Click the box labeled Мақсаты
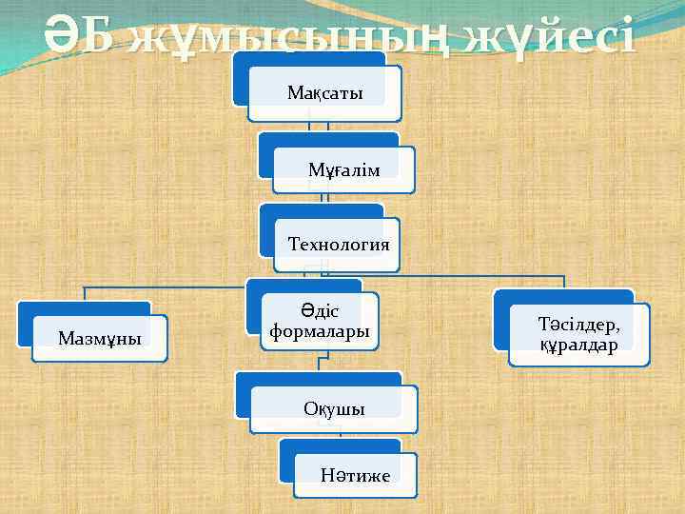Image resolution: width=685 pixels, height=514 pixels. point(324,93)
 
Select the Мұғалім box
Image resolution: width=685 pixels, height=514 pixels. point(343,169)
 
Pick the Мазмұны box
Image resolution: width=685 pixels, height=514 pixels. point(99,338)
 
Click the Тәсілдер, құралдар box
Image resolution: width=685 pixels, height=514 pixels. point(579,334)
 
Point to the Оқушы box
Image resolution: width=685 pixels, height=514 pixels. point(334,408)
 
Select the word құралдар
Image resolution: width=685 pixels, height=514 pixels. point(578,345)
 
